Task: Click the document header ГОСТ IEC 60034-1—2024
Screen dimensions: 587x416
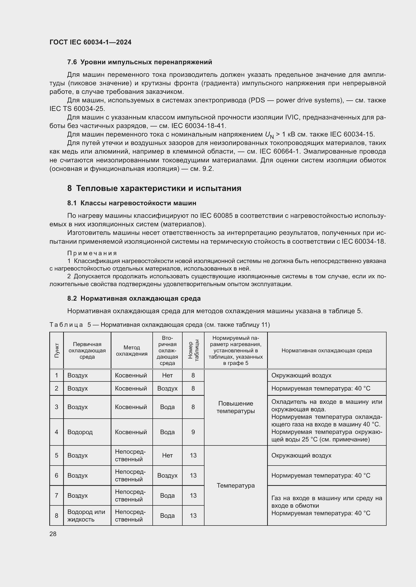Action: coord(90,42)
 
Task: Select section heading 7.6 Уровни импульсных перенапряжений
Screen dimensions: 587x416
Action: coord(140,62)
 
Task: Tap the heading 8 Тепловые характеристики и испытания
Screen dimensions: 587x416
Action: coord(154,188)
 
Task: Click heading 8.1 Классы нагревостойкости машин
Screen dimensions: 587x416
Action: coord(132,203)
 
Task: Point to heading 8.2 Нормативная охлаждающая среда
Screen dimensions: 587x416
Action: coord(134,298)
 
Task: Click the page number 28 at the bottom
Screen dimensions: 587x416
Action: coord(53,534)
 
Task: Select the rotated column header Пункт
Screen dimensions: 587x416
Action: coord(57,351)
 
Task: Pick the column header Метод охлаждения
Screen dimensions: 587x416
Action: coord(132,351)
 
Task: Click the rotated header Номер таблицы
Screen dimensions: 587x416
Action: coord(193,351)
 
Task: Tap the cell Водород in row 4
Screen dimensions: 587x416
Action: coord(80,432)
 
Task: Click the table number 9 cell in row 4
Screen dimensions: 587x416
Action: coord(193,432)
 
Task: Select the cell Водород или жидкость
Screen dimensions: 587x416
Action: coord(86,515)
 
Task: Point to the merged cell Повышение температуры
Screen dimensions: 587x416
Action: coord(235,407)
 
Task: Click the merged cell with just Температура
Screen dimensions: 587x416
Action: coord(235,485)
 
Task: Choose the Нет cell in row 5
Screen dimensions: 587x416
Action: coord(167,455)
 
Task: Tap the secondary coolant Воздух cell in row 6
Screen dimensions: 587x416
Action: coord(167,475)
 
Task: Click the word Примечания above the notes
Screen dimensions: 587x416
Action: coord(92,253)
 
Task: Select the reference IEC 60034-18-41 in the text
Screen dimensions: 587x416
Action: coord(198,126)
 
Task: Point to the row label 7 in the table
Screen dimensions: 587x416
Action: coord(57,495)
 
